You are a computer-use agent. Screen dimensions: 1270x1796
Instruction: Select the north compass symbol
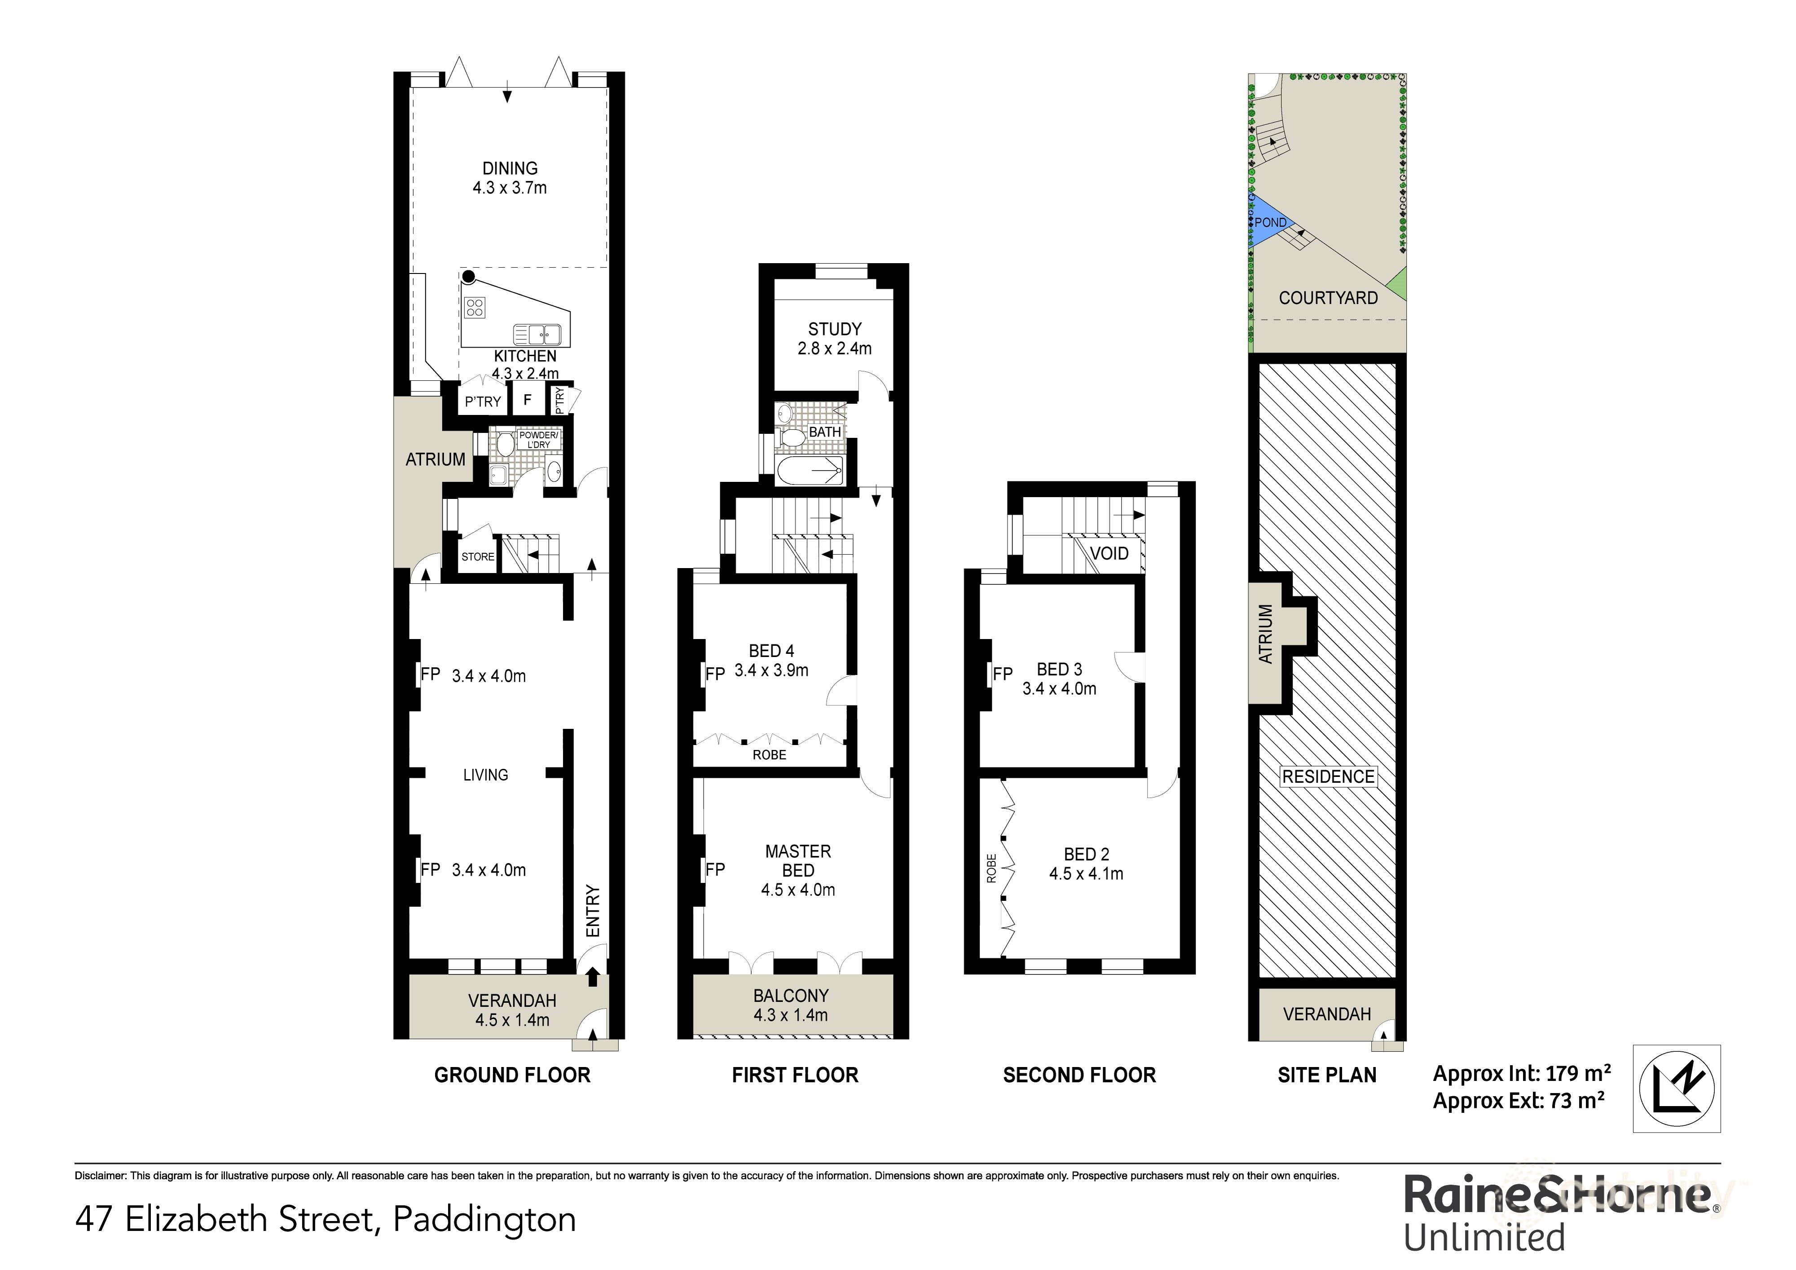(x=1676, y=1088)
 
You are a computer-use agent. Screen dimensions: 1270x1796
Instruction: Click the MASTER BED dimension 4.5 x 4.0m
(x=798, y=890)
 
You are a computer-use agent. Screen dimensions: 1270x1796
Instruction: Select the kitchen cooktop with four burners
(x=474, y=308)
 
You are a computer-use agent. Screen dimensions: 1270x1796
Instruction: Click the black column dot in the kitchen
(x=468, y=276)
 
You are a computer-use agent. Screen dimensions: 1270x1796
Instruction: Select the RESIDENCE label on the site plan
(x=1327, y=776)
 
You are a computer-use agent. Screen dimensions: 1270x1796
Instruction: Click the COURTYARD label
(x=1327, y=298)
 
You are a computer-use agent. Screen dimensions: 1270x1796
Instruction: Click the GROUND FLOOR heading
(x=512, y=1075)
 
